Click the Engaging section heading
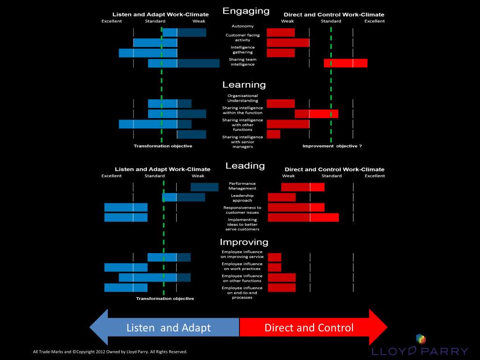tap(246, 11)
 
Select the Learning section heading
tap(244, 85)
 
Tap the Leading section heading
tap(245, 165)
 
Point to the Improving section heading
tap(244, 242)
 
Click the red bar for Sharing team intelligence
tap(345, 63)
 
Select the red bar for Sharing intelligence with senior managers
tap(273, 134)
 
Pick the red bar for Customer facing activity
tap(288, 43)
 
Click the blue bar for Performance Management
tap(204, 187)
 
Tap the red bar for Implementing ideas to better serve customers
tap(303, 217)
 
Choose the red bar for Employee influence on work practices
tap(275, 268)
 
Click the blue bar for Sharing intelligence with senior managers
tap(192, 135)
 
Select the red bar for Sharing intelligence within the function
tap(316, 114)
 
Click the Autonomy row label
tap(243, 26)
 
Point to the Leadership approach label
tap(242, 198)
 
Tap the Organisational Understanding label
tap(243, 98)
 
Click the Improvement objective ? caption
tap(332, 146)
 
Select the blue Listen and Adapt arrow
tap(165, 327)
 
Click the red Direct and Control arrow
tap(314, 327)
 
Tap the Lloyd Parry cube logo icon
tap(421, 339)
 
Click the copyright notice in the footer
tap(110, 352)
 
